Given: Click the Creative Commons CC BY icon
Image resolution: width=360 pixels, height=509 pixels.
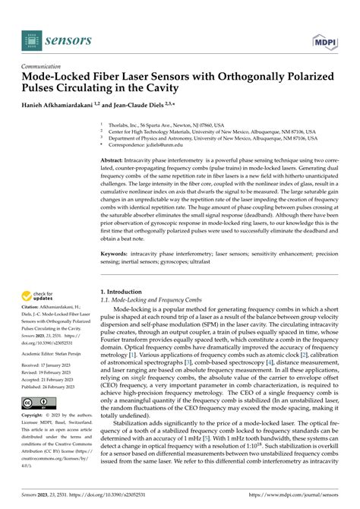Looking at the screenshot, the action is tap(37, 403).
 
